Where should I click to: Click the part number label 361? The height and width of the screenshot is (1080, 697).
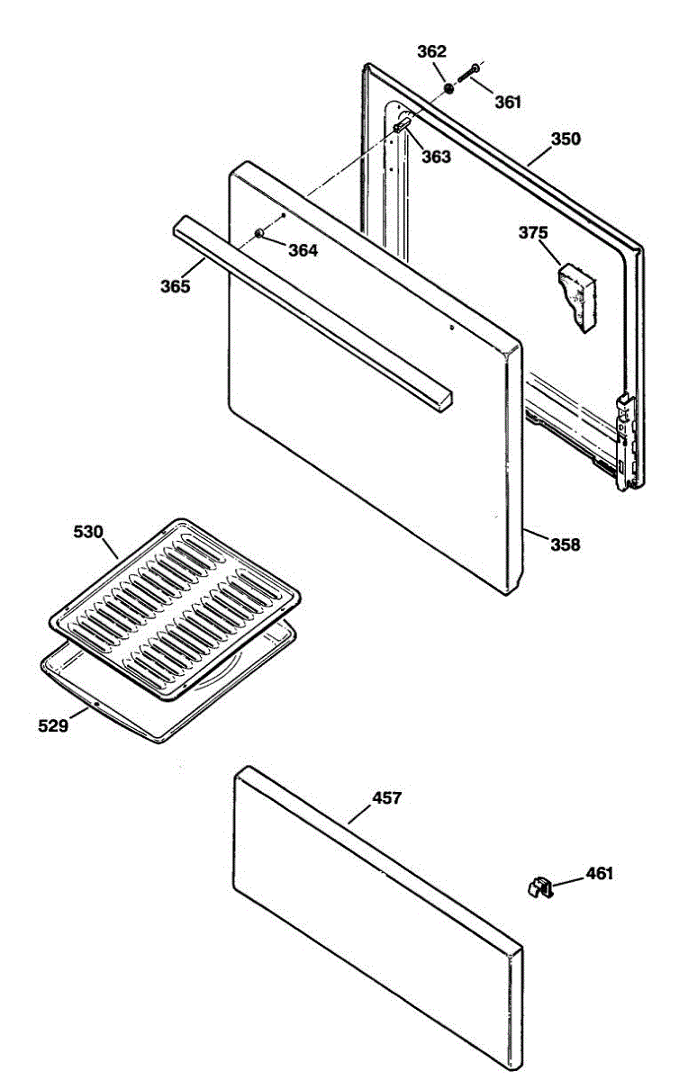click(508, 102)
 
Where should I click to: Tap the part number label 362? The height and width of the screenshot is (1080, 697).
click(431, 51)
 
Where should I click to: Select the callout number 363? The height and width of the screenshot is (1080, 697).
click(436, 157)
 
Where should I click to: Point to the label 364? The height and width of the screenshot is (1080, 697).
click(303, 251)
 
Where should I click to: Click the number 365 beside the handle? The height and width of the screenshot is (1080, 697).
click(176, 287)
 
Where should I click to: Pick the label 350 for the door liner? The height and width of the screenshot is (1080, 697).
click(566, 139)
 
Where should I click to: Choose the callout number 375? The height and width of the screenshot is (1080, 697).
click(532, 233)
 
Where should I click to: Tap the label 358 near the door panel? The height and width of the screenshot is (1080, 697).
click(566, 544)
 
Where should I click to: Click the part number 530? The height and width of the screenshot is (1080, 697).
click(88, 532)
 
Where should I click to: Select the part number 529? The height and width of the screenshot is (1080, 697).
click(52, 724)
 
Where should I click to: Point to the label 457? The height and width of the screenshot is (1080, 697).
click(387, 798)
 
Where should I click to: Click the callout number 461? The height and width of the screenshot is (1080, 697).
click(600, 873)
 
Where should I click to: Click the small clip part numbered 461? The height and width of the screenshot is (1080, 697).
click(539, 889)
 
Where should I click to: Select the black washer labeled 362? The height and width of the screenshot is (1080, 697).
click(448, 89)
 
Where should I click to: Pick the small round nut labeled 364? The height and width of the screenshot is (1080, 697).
click(259, 234)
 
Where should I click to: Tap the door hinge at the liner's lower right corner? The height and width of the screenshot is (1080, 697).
click(622, 441)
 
